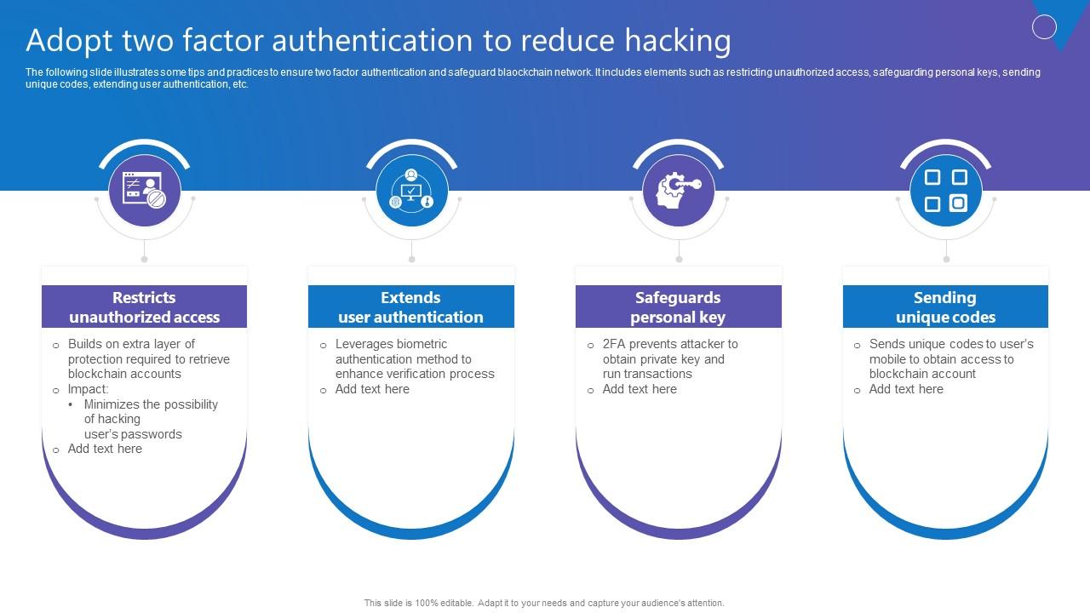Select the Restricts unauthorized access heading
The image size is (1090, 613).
pos(144,307)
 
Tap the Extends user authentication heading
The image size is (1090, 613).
pos(410,307)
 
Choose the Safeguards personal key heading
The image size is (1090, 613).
pos(678,307)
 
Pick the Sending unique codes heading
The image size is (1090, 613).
pos(945,307)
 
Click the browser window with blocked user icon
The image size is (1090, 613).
pos(145,191)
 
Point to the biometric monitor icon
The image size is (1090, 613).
pos(411,191)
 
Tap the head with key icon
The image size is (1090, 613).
pos(679,191)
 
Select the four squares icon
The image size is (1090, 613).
pos(945,191)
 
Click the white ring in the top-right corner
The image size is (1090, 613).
pos(1044,27)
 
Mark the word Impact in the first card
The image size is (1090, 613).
pos(87,389)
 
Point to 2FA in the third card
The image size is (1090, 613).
pos(615,344)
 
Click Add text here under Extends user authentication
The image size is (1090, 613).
pos(372,389)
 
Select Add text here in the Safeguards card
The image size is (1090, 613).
pos(640,389)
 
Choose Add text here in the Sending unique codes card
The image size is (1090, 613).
pos(906,389)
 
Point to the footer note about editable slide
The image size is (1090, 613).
pos(544,603)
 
